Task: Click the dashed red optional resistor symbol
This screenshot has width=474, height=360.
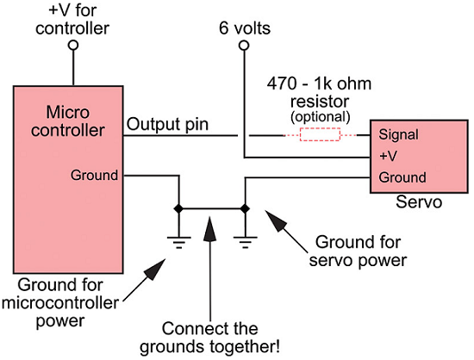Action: (x=320, y=135)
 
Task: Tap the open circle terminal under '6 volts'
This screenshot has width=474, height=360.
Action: (x=244, y=45)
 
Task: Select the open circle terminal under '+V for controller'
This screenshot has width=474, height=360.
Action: (x=73, y=45)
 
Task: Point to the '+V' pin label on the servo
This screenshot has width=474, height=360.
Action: (x=388, y=156)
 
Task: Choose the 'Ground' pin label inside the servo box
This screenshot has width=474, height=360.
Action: (x=401, y=177)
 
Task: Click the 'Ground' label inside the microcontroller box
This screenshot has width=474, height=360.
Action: (x=95, y=175)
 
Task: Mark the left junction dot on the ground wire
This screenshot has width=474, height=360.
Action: (x=178, y=208)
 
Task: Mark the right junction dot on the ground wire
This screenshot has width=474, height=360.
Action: (x=245, y=208)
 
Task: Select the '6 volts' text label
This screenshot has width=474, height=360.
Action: (x=245, y=28)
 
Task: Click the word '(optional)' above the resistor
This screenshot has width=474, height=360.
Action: (x=320, y=115)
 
